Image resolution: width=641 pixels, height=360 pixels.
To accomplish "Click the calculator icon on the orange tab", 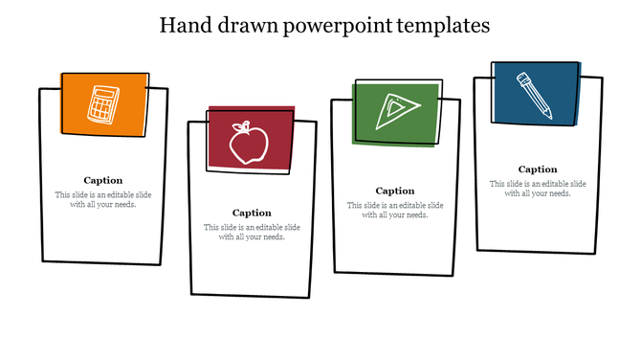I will point(102,103).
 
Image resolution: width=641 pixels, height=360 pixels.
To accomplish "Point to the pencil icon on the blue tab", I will point(534,94).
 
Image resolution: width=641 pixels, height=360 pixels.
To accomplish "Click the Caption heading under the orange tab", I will point(102,180).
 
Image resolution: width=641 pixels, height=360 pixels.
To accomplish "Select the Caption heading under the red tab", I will point(252,213).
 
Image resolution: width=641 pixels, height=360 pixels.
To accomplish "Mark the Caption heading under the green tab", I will point(394,191).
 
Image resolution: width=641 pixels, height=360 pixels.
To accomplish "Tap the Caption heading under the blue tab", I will point(538,169).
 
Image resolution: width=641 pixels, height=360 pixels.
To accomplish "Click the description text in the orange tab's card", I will point(102,200).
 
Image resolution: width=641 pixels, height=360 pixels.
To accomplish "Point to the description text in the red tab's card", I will point(252,233).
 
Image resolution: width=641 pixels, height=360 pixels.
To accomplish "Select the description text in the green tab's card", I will point(394,210).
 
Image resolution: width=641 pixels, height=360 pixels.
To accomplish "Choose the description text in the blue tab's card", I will point(538,189).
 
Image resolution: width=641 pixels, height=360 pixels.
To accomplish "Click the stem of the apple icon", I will point(246,124).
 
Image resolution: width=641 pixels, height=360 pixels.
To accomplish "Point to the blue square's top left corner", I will point(495,63).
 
